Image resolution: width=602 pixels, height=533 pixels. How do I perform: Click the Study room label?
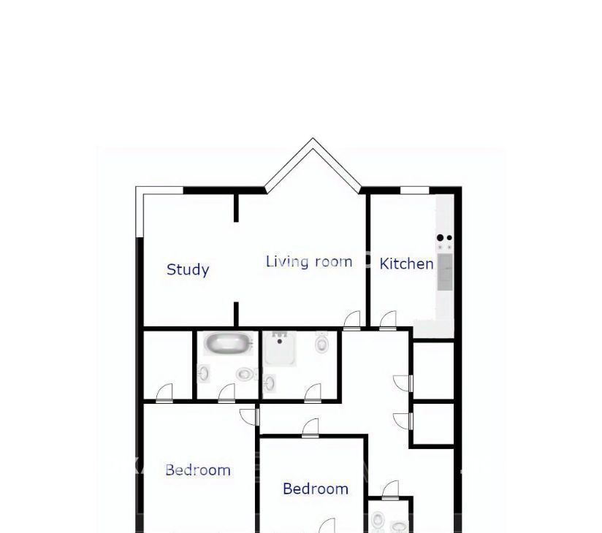[x=188, y=269]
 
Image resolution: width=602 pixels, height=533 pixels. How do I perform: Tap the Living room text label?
[x=309, y=261]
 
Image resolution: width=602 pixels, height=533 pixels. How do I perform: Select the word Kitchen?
[x=406, y=264]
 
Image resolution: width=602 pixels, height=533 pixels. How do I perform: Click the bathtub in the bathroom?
[x=228, y=343]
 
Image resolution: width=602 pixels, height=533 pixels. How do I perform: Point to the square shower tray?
[x=280, y=348]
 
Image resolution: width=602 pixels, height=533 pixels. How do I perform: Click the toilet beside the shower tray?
[x=321, y=342]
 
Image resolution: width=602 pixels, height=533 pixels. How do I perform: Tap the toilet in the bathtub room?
[x=245, y=374]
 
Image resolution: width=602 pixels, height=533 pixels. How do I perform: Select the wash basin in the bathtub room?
[x=204, y=373]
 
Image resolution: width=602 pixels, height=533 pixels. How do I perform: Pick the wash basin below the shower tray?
[x=270, y=383]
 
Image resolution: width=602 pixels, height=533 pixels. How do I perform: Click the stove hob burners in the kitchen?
[x=445, y=242]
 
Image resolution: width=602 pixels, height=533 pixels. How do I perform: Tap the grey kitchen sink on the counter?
[x=445, y=272]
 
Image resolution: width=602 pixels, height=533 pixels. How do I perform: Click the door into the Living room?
[x=351, y=321]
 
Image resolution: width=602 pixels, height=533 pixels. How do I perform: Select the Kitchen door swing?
[x=388, y=321]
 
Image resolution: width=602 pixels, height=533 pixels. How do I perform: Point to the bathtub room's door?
[x=226, y=393]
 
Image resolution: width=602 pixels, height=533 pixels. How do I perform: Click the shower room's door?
[x=313, y=393]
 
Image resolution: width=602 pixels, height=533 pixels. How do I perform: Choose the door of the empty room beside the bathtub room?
[x=164, y=393]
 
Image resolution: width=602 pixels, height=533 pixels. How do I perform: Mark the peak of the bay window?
[x=313, y=138]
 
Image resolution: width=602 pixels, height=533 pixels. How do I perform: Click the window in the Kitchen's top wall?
[x=415, y=191]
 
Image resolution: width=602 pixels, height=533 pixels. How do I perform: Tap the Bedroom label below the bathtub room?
[x=198, y=470]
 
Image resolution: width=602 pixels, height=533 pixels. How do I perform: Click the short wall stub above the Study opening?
[x=236, y=207]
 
